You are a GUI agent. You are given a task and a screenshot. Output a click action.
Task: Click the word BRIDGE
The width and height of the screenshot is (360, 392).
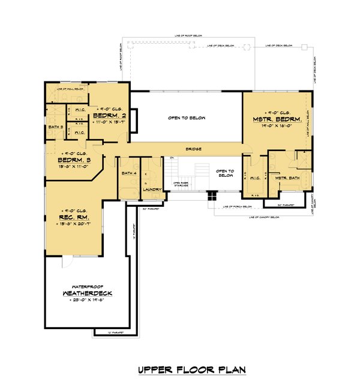[x=193, y=149]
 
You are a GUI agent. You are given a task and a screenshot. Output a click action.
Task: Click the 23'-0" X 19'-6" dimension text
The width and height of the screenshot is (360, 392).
[x=88, y=301]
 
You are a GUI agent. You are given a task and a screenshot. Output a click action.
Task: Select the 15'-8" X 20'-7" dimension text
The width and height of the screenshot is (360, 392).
[x=75, y=224]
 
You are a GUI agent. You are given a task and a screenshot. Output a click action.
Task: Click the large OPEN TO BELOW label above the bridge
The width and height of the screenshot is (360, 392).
[x=186, y=118]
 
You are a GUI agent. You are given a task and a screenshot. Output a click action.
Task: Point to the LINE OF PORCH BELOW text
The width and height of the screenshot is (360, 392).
[x=238, y=207]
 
